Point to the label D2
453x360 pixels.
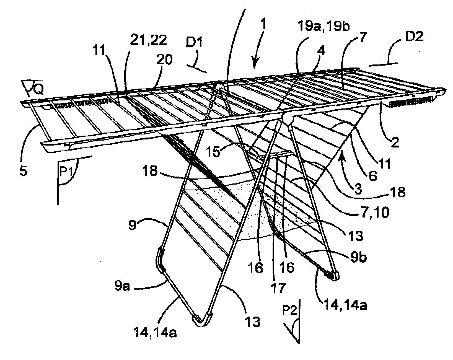coord(414,37)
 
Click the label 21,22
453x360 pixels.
coord(149,40)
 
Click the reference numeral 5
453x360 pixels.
coord(23,170)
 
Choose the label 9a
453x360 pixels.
coord(122,286)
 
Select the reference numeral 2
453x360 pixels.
coord(395,142)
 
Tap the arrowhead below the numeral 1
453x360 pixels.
coord(254,66)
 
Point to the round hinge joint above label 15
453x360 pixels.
coord(288,118)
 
